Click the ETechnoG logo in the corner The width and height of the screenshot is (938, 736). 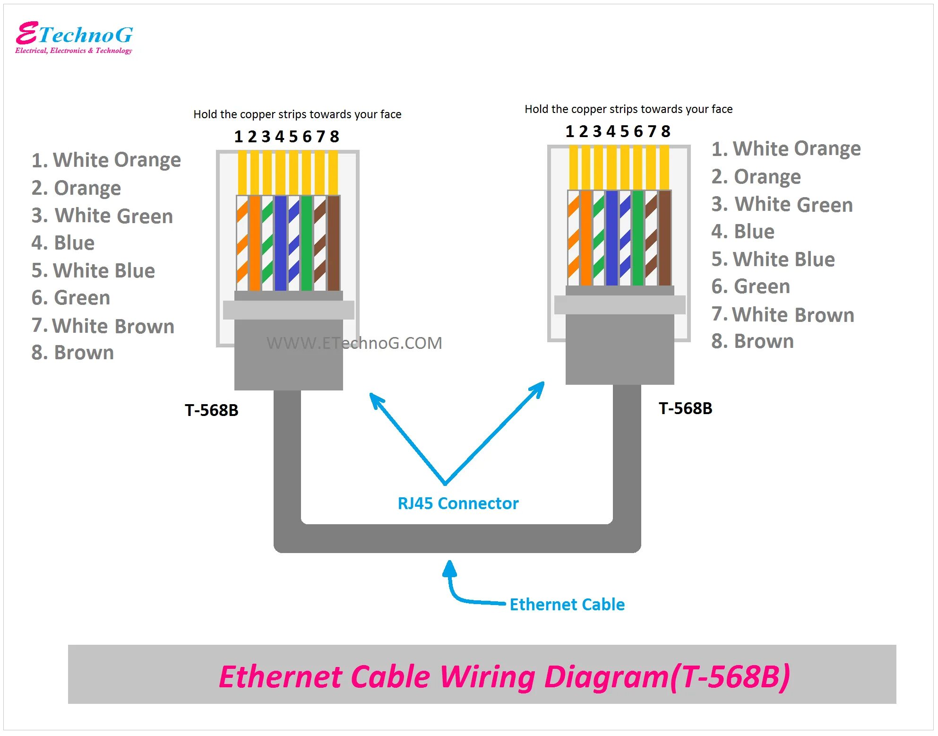pyautogui.click(x=74, y=37)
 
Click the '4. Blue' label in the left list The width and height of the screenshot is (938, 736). pyautogui.click(x=63, y=243)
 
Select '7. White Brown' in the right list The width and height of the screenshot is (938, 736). pyautogui.click(x=783, y=315)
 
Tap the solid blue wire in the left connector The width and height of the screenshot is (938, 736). pyautogui.click(x=280, y=243)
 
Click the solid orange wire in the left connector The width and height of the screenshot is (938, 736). pyautogui.click(x=254, y=243)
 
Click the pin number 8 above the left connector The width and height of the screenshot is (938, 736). pyautogui.click(x=335, y=137)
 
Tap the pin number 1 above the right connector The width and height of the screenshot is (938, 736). pyautogui.click(x=570, y=131)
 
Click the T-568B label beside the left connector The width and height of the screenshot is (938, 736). pyautogui.click(x=211, y=410)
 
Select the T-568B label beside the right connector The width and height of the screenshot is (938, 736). pyautogui.click(x=685, y=408)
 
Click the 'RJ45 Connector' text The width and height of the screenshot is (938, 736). pyautogui.click(x=457, y=503)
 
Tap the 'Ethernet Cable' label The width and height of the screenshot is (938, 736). pyautogui.click(x=567, y=605)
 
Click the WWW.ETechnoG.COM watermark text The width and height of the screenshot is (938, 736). pyautogui.click(x=354, y=343)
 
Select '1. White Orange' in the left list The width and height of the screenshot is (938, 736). pyautogui.click(x=106, y=160)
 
